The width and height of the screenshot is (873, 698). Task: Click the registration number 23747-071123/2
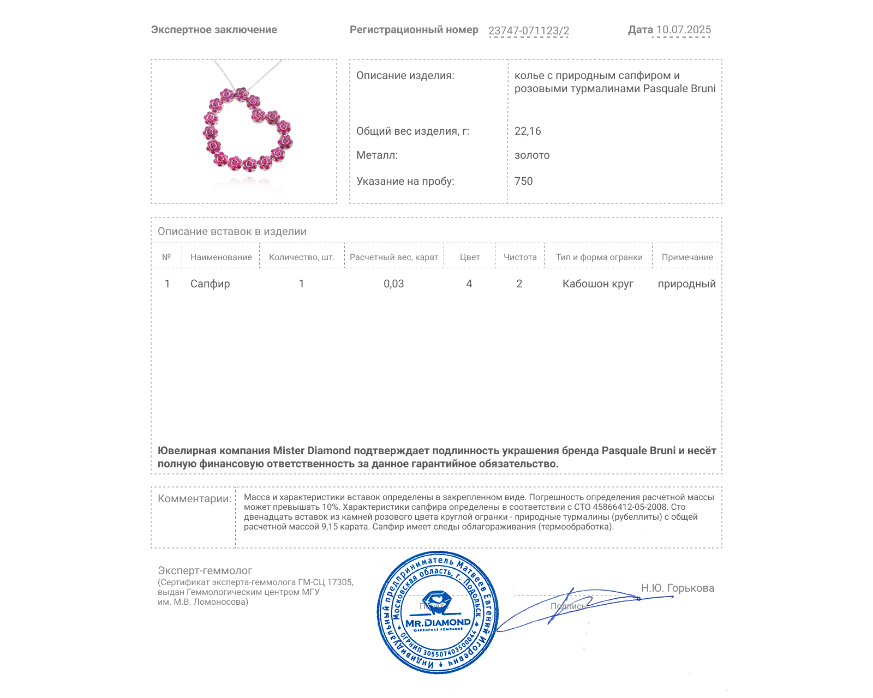[x=528, y=31]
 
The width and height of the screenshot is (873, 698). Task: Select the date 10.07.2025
[x=683, y=30]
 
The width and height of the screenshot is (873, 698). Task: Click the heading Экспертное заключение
[x=214, y=30]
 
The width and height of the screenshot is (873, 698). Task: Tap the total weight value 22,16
[x=528, y=131]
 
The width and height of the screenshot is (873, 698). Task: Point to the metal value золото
[x=532, y=155]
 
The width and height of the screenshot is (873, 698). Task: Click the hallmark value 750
[x=523, y=181]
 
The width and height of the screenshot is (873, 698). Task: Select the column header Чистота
[x=520, y=257]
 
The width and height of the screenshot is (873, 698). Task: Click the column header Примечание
[x=687, y=257]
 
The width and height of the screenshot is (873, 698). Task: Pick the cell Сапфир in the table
[x=210, y=284]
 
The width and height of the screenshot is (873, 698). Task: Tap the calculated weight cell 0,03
[x=393, y=284]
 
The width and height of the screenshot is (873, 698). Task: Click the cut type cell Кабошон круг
[x=597, y=284]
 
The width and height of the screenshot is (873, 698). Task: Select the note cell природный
[x=686, y=284]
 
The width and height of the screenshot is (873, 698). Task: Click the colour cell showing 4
[x=469, y=284]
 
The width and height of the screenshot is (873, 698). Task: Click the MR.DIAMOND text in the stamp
[x=438, y=623]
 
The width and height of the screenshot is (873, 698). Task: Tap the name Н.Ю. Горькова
[x=677, y=588]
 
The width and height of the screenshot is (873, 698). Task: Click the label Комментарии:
[x=194, y=498]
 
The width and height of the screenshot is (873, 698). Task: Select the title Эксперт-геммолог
[x=205, y=570]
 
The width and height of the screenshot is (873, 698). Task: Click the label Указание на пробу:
[x=405, y=181]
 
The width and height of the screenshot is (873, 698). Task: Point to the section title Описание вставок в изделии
[x=232, y=231]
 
